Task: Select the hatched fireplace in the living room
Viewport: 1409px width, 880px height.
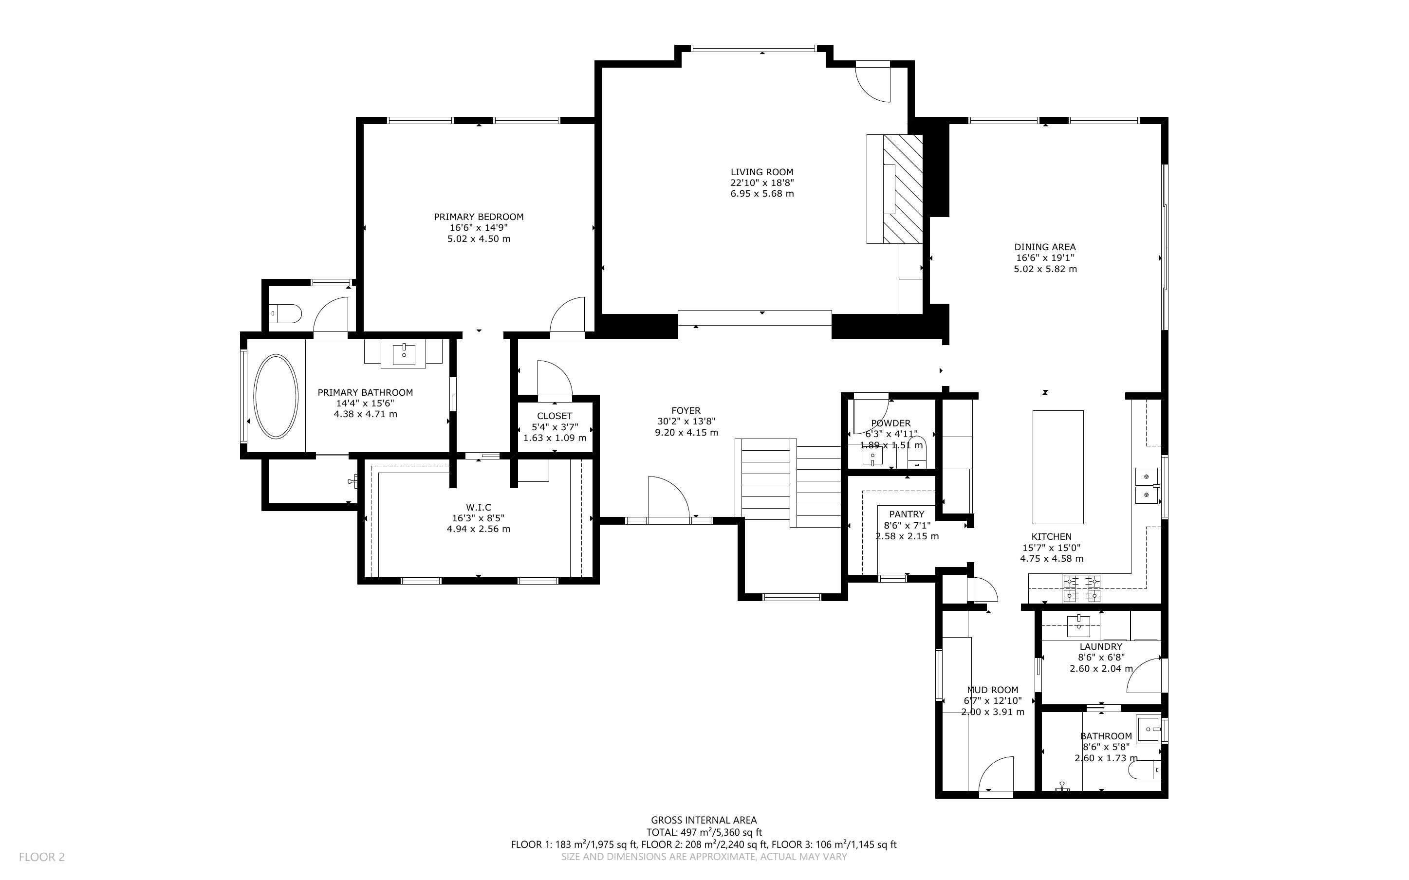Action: (x=903, y=189)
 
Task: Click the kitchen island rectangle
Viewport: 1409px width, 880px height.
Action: (x=1058, y=467)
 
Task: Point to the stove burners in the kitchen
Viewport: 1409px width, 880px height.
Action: (x=1082, y=588)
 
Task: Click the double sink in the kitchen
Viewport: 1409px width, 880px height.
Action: (x=1147, y=485)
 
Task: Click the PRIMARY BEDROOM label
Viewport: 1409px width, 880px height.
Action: (x=479, y=217)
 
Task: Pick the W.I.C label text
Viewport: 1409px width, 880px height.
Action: (x=479, y=508)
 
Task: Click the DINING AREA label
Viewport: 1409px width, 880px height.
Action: (x=1045, y=247)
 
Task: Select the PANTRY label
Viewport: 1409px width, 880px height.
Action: (x=907, y=514)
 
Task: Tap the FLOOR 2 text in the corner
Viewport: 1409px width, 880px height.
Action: (x=42, y=857)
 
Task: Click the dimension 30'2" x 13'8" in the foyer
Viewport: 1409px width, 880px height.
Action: (x=686, y=422)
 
